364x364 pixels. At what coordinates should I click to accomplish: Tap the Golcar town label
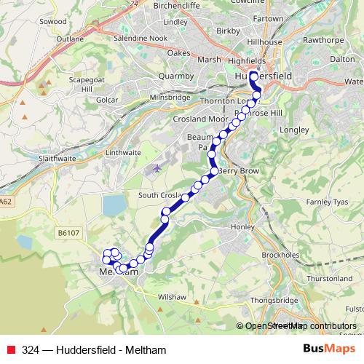106,98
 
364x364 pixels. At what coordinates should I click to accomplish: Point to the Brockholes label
280,256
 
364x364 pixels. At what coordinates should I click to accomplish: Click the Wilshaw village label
173,297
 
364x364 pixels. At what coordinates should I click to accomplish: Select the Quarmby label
177,74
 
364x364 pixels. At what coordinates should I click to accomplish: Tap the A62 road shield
7,202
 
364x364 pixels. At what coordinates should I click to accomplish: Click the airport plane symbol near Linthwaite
159,169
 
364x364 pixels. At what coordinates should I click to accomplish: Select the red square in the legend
10,349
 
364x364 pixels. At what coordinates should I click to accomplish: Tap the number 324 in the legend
31,349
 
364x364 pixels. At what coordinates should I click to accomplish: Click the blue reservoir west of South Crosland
114,206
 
